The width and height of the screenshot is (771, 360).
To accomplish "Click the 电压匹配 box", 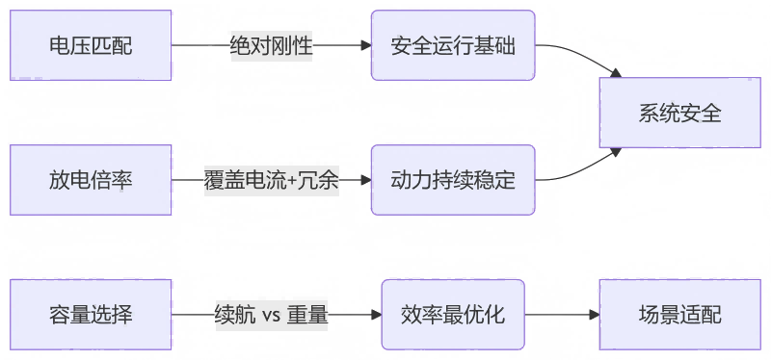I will click(x=91, y=45).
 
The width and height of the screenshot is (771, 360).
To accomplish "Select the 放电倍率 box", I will click(x=91, y=180).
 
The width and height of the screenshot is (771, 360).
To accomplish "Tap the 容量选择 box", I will click(x=91, y=315).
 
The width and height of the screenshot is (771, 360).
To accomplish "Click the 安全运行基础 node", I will click(x=452, y=45).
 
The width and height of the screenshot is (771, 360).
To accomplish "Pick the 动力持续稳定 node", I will click(x=452, y=180).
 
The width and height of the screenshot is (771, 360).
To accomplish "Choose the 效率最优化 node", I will click(x=452, y=315).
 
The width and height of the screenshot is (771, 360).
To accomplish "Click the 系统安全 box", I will click(x=679, y=113).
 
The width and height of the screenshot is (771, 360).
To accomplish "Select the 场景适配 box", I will click(x=679, y=315).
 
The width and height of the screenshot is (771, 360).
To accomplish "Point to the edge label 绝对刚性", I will click(x=271, y=45).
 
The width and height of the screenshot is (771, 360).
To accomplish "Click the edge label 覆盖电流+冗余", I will click(x=271, y=180).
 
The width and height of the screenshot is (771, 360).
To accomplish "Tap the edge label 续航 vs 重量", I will click(x=271, y=315).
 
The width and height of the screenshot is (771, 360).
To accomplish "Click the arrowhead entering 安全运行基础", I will click(x=365, y=45).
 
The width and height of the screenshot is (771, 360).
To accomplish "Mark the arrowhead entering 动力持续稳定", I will click(x=365, y=180).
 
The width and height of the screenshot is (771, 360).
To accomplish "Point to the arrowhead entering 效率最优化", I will click(x=375, y=315).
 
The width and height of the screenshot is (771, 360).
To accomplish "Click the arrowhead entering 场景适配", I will click(x=593, y=315).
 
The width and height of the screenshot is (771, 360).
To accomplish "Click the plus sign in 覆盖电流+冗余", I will click(x=293, y=180).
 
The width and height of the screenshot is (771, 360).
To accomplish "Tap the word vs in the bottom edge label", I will click(x=271, y=316).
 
